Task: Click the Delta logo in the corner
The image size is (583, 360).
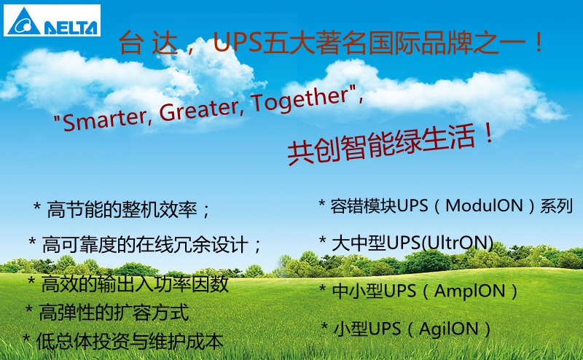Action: [x=52, y=20]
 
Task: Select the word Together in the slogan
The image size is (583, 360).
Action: [x=300, y=98]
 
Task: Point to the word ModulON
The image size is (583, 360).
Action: [x=484, y=206]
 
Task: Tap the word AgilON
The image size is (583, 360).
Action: [x=448, y=329]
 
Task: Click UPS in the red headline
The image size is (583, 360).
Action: [x=237, y=42]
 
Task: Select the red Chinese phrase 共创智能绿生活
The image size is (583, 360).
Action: [x=381, y=146]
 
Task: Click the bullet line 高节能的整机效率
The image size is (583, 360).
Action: [x=121, y=210]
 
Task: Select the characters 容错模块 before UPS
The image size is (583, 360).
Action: [x=363, y=206]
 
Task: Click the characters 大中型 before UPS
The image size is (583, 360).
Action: [x=359, y=243]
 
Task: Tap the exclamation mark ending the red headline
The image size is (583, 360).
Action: [x=538, y=42]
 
